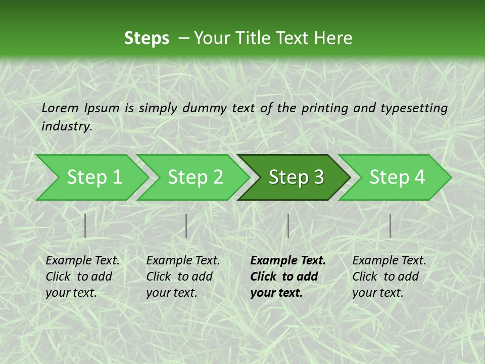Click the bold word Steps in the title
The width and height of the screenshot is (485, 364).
click(x=147, y=38)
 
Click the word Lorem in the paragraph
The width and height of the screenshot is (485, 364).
click(x=60, y=108)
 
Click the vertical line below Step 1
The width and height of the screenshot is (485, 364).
click(x=85, y=225)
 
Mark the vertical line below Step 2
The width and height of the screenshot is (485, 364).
click(x=186, y=225)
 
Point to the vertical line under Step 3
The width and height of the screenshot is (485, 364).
click(x=288, y=225)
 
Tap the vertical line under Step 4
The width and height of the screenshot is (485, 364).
click(x=390, y=225)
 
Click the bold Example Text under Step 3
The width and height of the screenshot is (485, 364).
click(x=288, y=260)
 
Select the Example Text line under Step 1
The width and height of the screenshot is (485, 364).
click(x=82, y=260)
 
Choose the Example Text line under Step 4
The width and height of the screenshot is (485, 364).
click(x=389, y=260)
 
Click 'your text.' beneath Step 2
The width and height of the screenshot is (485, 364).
click(x=171, y=293)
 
